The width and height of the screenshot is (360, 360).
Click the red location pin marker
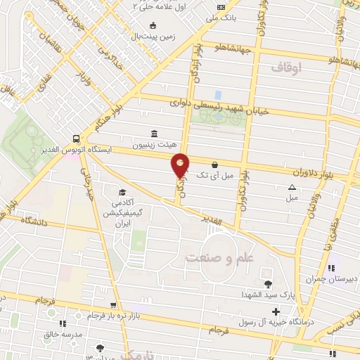coord(181,166)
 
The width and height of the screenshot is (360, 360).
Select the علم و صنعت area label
coord(219,258)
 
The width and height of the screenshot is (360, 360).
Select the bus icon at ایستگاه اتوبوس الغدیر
coord(75,138)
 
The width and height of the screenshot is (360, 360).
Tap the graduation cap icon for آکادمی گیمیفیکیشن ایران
coord(122,193)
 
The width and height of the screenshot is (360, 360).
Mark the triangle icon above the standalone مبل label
coord(292,187)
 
